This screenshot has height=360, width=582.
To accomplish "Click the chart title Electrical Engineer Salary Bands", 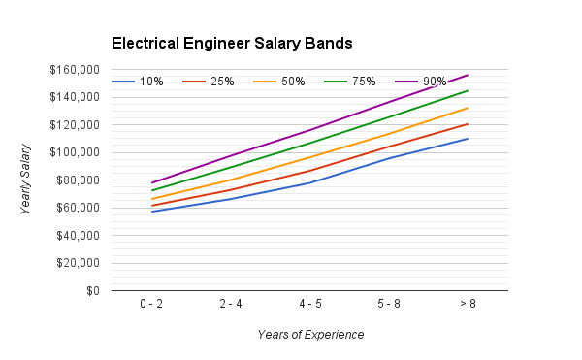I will pyautogui.click(x=232, y=44).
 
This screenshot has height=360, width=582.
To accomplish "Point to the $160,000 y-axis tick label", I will pyautogui.click(x=74, y=70).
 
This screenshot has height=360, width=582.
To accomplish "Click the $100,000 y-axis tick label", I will pyautogui.click(x=74, y=152).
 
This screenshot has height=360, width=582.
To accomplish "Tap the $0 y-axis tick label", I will pyautogui.click(x=91, y=291).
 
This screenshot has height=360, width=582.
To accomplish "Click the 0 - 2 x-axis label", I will pyautogui.click(x=151, y=304).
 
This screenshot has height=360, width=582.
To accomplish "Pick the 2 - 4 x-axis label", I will pyautogui.click(x=231, y=304).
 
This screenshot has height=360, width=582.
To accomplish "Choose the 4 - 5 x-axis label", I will pyautogui.click(x=310, y=304).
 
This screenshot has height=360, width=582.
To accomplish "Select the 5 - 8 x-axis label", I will pyautogui.click(x=389, y=304).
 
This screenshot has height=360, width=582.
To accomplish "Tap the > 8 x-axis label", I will pyautogui.click(x=468, y=304).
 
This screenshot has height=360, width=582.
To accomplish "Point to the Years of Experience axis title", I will pyautogui.click(x=310, y=335).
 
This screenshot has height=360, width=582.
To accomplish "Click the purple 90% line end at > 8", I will pyautogui.click(x=468, y=75).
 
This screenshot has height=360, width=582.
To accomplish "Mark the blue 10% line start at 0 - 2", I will pyautogui.click(x=151, y=212).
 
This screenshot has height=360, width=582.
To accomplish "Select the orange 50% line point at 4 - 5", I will pyautogui.click(x=310, y=157).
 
